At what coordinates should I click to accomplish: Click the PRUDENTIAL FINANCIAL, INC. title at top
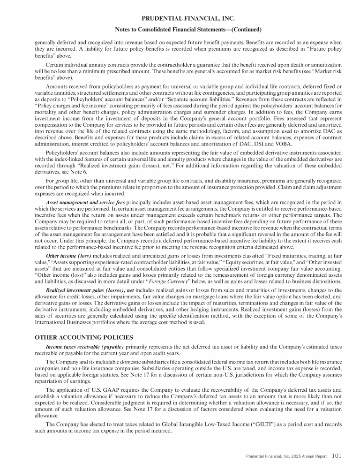[x=180, y=19]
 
